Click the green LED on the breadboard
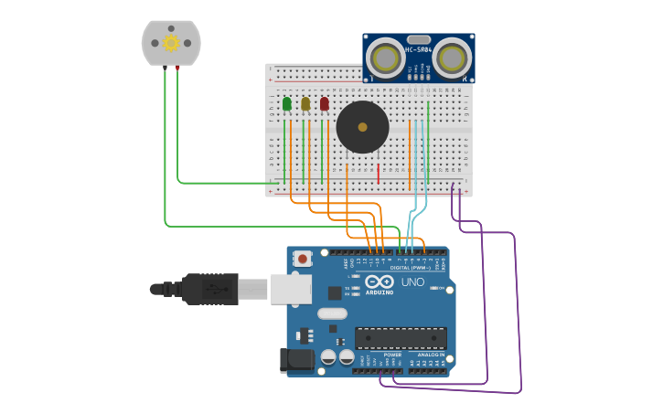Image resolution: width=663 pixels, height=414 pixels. [x=287, y=104]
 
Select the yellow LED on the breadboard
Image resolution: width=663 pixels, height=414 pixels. [x=305, y=104]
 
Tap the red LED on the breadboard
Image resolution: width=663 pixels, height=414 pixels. [x=324, y=104]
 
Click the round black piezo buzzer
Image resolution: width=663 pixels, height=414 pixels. [x=362, y=127]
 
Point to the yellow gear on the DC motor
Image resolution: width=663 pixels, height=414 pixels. [x=171, y=43]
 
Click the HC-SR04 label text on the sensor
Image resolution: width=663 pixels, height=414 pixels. [x=418, y=49]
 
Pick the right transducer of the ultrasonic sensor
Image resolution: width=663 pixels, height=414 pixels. [x=452, y=59]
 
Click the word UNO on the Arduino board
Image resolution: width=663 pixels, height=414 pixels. [x=412, y=283]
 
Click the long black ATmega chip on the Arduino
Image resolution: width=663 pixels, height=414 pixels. [x=401, y=338]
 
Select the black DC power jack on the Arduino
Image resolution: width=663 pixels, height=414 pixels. [x=294, y=360]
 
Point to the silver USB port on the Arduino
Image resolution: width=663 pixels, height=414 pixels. [x=290, y=289]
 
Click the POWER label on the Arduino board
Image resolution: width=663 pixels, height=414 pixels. [x=380, y=355]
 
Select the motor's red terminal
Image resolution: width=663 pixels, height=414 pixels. [x=177, y=69]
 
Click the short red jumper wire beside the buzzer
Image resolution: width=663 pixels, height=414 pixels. [x=379, y=173]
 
